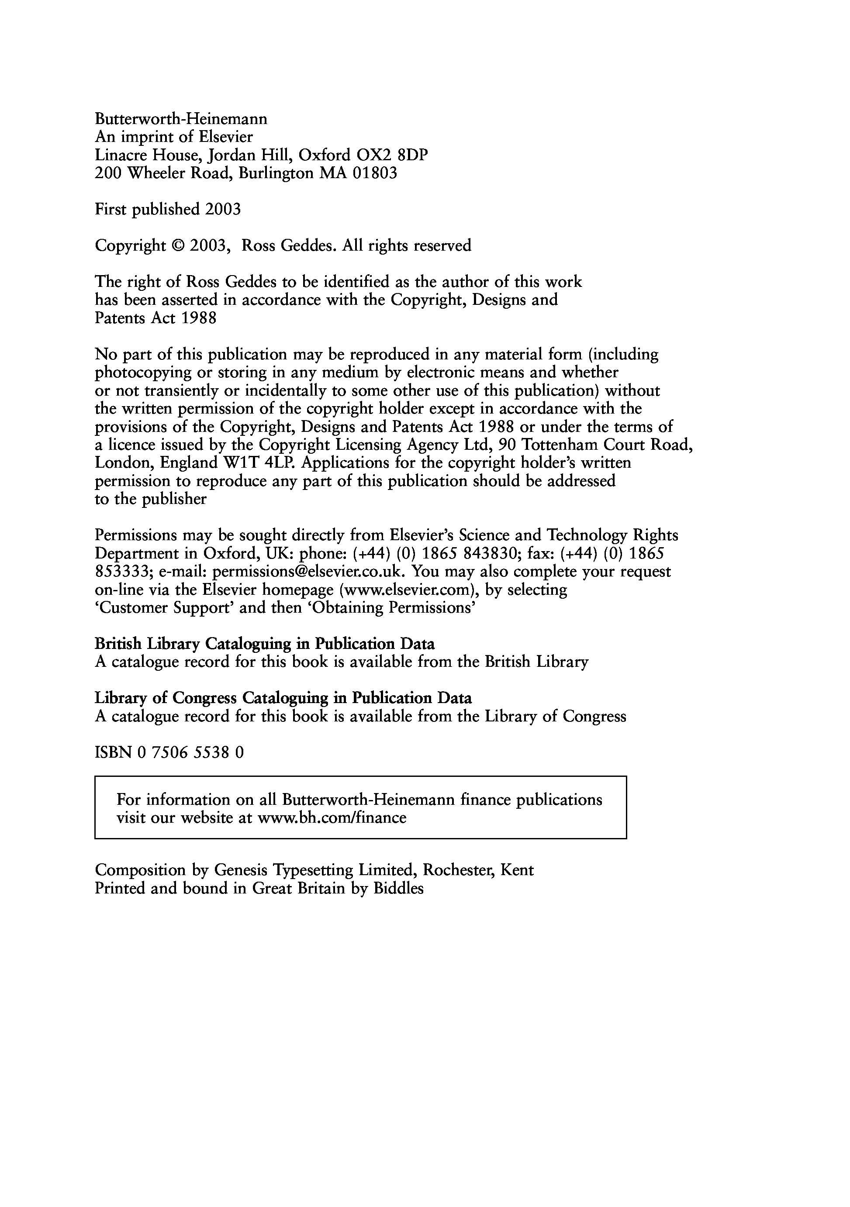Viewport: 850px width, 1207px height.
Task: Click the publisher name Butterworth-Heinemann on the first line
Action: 181,119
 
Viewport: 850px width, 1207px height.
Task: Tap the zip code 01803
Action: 375,173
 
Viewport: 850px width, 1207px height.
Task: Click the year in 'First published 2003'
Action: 223,209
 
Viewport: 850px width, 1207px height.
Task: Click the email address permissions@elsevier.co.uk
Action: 308,572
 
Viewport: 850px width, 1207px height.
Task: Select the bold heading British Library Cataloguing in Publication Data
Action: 264,644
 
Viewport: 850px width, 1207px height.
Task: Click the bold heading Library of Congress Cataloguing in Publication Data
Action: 283,698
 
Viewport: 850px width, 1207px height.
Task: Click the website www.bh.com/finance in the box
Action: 332,818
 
